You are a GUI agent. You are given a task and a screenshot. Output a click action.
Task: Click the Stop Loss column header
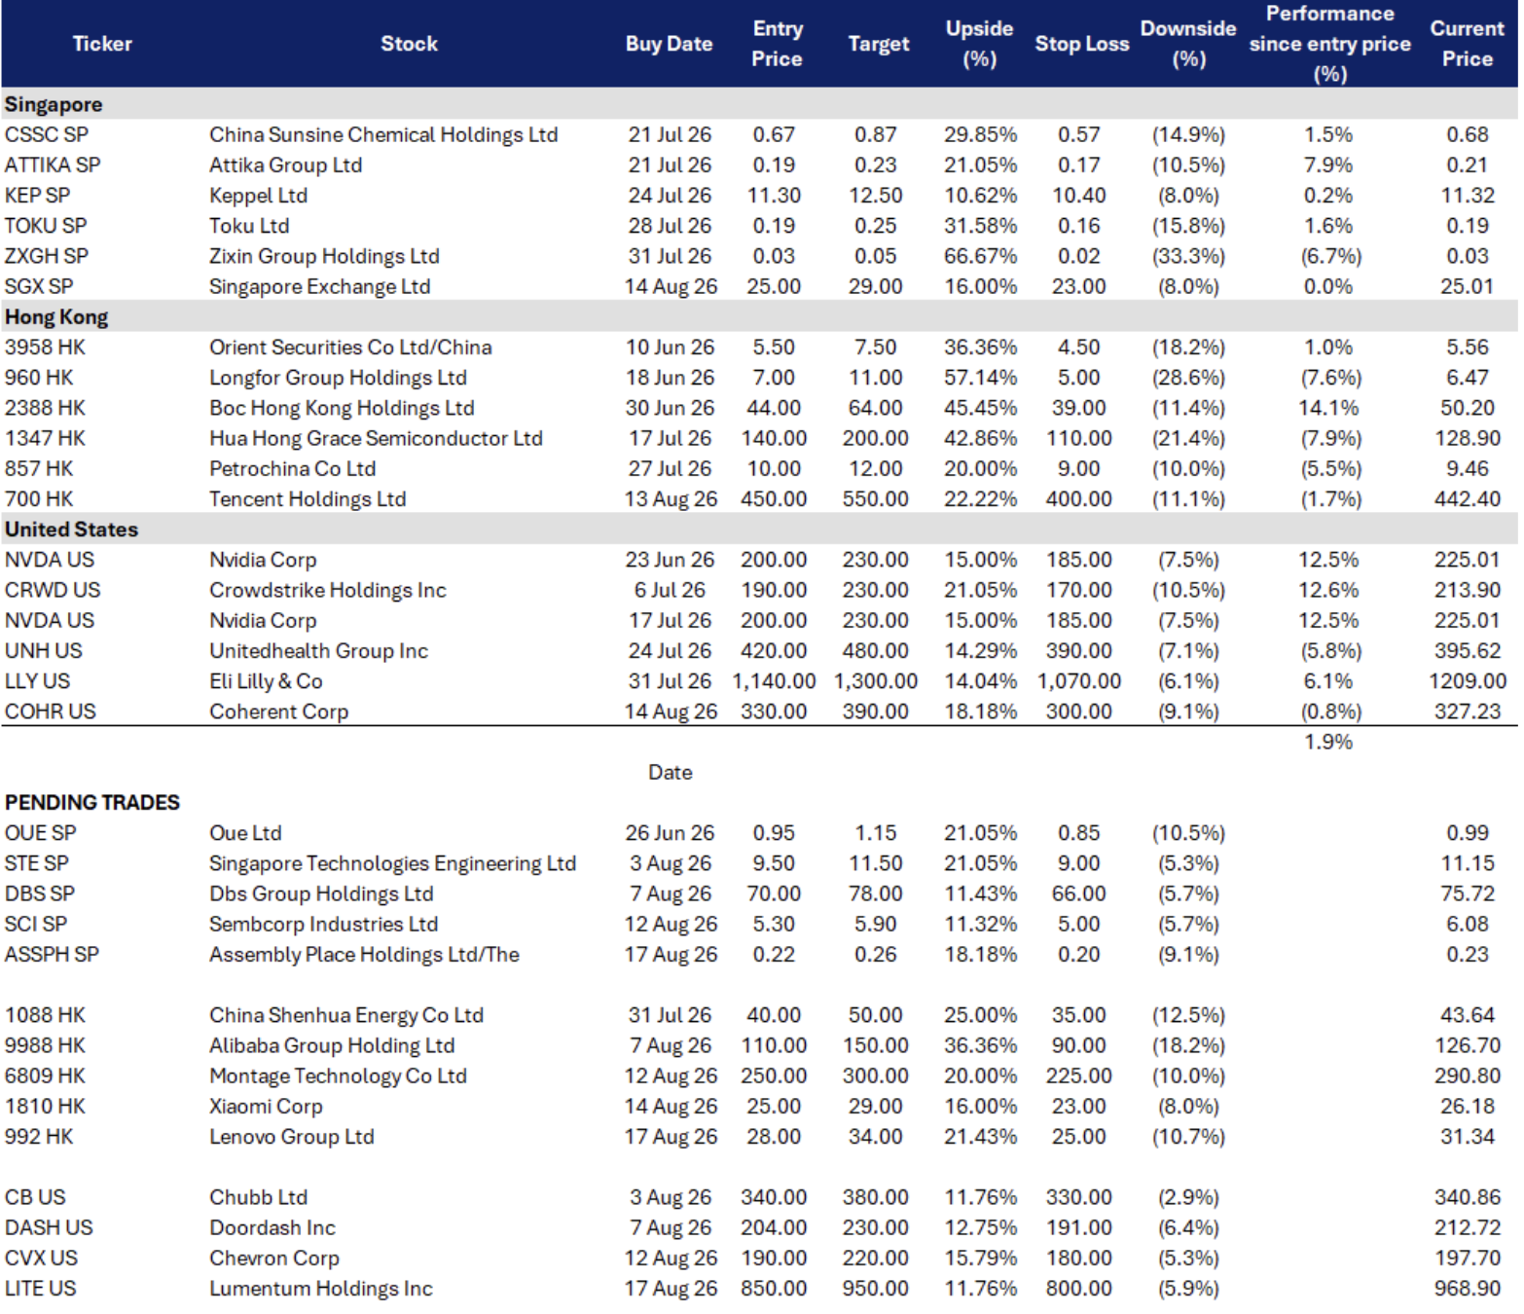[1081, 44]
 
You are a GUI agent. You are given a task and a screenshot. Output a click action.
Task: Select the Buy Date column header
[669, 44]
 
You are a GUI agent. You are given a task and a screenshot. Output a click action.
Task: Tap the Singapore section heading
[54, 105]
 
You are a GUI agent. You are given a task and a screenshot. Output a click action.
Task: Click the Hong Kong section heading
[56, 317]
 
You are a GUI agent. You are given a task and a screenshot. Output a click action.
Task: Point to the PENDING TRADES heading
[92, 802]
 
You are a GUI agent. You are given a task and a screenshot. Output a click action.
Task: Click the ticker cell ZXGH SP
[47, 256]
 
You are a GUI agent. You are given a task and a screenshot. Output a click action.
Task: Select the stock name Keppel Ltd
[258, 196]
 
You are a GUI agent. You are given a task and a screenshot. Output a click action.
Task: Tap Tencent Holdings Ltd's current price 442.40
[1467, 499]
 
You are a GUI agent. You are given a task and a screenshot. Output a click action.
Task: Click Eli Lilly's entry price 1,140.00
[774, 681]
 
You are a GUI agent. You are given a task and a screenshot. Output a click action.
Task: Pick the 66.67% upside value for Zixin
[980, 256]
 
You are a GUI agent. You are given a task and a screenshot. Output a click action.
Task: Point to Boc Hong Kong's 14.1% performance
[1327, 408]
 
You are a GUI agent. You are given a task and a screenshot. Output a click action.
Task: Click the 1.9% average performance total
[1327, 742]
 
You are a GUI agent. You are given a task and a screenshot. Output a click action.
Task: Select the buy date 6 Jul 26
[669, 590]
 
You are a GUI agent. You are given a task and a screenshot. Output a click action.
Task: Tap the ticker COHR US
[51, 712]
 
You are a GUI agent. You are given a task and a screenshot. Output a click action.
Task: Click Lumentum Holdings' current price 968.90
[1467, 1288]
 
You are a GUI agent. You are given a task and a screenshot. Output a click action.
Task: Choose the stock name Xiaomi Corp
[266, 1106]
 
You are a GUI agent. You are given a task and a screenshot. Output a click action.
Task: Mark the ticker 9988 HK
[45, 1045]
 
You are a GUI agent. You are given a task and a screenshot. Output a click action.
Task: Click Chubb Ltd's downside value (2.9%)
[1188, 1197]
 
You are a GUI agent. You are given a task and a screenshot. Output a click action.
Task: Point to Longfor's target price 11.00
[875, 378]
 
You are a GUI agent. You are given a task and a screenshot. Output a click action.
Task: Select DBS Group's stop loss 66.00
[1078, 894]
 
